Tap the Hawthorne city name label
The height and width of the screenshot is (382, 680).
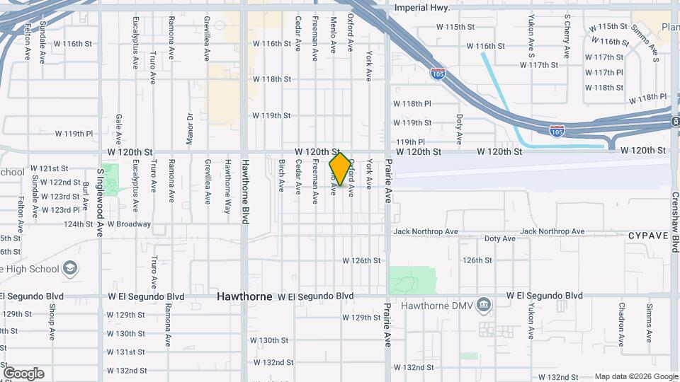pos(244,296)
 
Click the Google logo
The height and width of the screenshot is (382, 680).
pos(23,373)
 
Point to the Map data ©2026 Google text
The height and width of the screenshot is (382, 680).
pos(635,376)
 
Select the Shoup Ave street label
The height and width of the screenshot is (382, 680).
pos(52,317)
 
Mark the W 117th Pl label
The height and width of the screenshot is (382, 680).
pos(604,73)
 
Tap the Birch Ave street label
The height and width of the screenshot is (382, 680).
pos(281,175)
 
